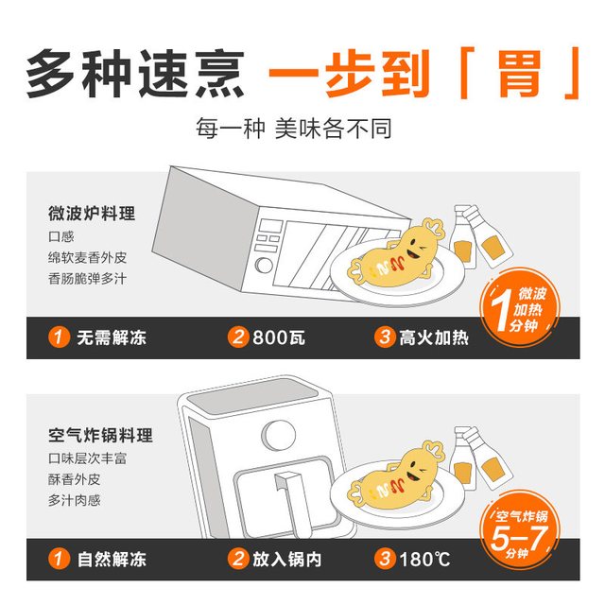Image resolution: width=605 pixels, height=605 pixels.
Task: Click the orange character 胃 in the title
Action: [x=520, y=74]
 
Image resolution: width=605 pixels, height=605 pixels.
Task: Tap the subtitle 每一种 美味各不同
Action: [x=294, y=129]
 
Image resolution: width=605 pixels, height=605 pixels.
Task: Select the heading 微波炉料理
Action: [x=92, y=214]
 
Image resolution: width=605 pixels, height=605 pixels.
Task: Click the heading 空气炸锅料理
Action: [x=101, y=435]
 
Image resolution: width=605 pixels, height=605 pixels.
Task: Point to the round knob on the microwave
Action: [x=264, y=266]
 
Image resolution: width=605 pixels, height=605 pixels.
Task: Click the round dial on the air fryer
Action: [x=279, y=435]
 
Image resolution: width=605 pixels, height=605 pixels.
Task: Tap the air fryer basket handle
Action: [x=294, y=502]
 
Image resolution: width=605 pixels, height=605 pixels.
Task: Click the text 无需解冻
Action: [x=112, y=337]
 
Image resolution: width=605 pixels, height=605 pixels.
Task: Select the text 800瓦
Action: [x=279, y=337]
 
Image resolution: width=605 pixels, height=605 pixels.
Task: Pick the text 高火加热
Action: [x=434, y=337]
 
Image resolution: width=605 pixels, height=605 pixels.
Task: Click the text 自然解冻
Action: [x=112, y=560]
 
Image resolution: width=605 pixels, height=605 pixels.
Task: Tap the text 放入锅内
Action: [x=287, y=560]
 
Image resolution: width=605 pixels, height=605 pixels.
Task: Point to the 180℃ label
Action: [x=424, y=560]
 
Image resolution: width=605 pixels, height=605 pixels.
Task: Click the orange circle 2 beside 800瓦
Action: [x=238, y=337]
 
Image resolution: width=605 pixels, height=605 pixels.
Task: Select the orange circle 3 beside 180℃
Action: [x=385, y=559]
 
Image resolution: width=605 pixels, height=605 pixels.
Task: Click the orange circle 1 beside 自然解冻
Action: [x=59, y=559]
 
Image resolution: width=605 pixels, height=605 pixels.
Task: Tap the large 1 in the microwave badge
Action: [x=502, y=309]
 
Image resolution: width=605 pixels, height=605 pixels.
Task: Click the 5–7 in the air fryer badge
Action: [x=519, y=537]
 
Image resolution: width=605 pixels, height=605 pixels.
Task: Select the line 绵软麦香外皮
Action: [x=88, y=257]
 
